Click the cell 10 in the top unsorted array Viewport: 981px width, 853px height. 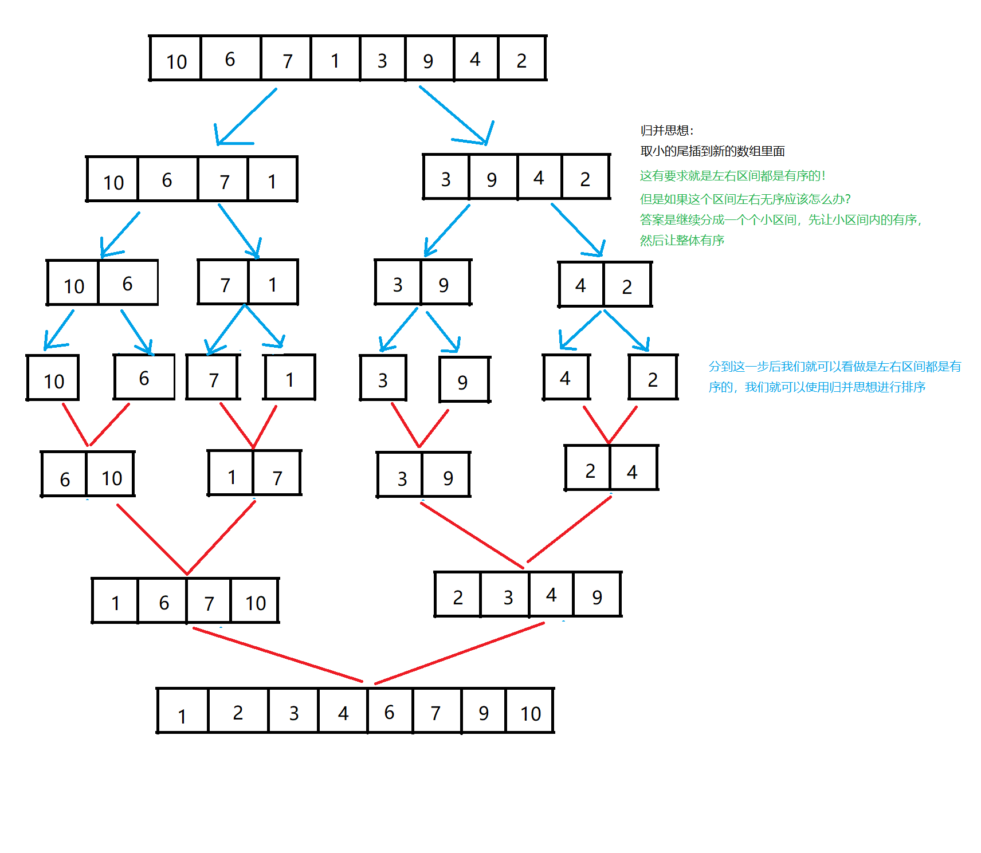pos(176,58)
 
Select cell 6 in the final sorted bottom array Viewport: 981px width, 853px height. pos(390,711)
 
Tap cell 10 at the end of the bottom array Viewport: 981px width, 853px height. pos(530,712)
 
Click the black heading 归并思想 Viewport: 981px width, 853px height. pos(667,131)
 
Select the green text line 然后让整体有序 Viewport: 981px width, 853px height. pos(682,241)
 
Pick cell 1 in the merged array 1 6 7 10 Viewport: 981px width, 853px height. pos(115,601)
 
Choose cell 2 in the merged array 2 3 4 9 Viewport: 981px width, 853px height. pos(457,596)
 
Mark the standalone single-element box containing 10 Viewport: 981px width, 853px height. pos(53,379)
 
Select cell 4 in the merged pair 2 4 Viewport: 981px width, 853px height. pos(633,469)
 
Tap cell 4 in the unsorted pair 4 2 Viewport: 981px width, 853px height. pos(581,284)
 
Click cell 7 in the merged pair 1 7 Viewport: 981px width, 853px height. pos(277,475)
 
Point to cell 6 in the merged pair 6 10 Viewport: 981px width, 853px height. pos(64,475)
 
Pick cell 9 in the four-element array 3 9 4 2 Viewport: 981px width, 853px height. pos(492,178)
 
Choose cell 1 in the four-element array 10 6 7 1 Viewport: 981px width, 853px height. pos(272,180)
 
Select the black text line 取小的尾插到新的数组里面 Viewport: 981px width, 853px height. pos(712,151)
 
